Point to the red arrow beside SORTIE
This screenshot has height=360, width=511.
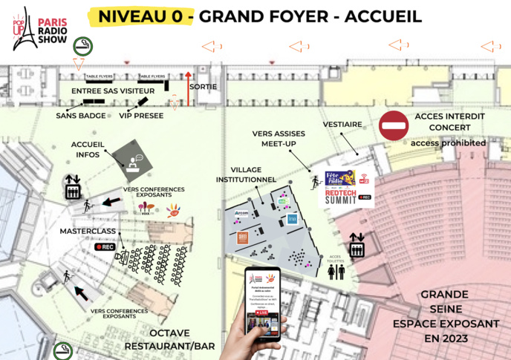click(x=188, y=83)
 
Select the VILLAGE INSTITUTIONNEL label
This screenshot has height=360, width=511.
click(x=246, y=174)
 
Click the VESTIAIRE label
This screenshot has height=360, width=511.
click(x=343, y=125)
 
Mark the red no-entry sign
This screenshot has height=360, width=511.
click(x=394, y=126)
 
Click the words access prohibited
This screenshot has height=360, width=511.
click(x=449, y=143)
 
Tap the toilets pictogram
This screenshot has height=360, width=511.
click(x=336, y=272)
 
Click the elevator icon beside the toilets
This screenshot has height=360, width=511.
click(x=357, y=245)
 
